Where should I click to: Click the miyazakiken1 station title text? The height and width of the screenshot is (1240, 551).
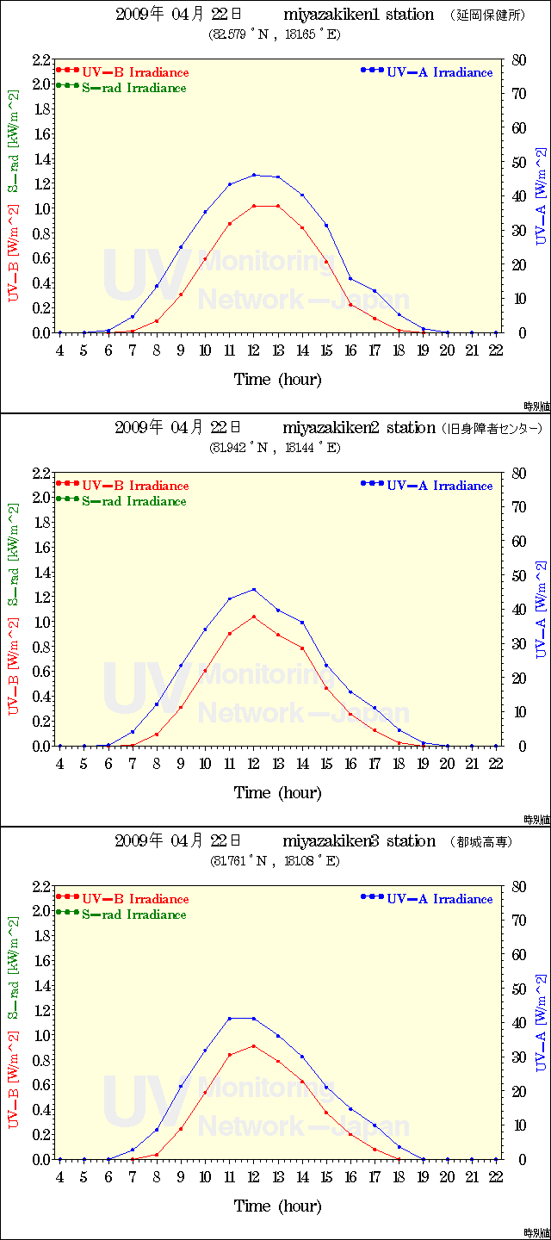click(358, 15)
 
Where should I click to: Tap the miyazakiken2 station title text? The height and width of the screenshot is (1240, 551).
click(359, 428)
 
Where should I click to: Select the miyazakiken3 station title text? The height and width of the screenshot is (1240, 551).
click(359, 841)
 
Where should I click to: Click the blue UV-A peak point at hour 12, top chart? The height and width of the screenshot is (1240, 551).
click(254, 175)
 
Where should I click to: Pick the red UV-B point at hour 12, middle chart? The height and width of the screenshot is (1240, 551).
click(254, 617)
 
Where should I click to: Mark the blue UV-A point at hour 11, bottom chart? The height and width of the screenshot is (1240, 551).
click(230, 1019)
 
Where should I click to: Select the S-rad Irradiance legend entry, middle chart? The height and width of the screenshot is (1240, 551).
click(133, 501)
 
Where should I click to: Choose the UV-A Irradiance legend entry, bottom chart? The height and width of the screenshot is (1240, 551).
click(439, 899)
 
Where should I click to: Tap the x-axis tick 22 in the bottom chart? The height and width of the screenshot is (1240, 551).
click(496, 1177)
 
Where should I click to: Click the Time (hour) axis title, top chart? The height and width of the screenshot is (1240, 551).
click(277, 380)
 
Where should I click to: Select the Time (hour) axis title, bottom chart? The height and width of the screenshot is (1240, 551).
click(277, 1206)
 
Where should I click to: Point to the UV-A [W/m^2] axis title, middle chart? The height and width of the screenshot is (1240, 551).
click(541, 610)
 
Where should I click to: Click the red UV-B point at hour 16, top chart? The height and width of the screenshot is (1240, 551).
click(350, 305)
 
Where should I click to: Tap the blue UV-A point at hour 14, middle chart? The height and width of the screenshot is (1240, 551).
click(302, 623)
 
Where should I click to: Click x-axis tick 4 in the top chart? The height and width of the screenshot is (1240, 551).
click(59, 350)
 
